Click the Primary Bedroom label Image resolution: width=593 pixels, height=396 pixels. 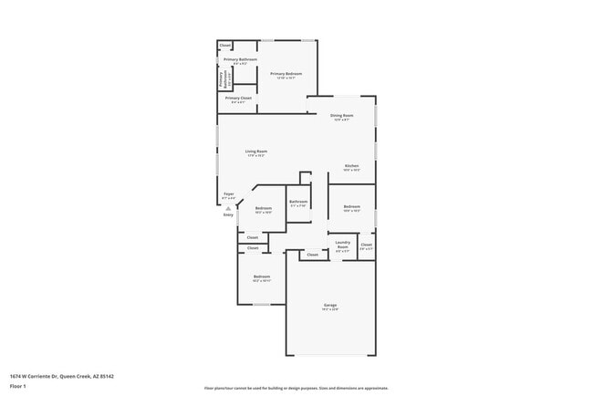[286, 73]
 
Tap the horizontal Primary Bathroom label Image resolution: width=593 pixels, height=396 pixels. [240, 59]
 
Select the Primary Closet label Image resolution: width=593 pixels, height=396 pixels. [239, 98]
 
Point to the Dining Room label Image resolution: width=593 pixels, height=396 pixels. [341, 115]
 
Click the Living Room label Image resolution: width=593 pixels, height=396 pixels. [255, 151]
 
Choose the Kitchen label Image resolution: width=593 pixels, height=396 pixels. [351, 166]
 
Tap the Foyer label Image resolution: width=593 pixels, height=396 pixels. [228, 193]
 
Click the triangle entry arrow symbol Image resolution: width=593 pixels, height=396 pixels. [228, 208]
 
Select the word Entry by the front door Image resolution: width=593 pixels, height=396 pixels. [228, 215]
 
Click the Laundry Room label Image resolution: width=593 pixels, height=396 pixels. [343, 245]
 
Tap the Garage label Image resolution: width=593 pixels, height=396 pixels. [329, 305]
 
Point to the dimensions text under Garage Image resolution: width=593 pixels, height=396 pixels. [329, 310]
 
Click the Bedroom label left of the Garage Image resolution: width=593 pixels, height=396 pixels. [262, 276]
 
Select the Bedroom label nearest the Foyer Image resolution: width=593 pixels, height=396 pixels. [264, 209]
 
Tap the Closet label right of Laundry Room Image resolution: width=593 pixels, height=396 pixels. [366, 245]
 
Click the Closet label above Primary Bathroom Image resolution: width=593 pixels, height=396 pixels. [225, 45]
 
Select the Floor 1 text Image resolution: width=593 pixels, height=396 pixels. [18, 386]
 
